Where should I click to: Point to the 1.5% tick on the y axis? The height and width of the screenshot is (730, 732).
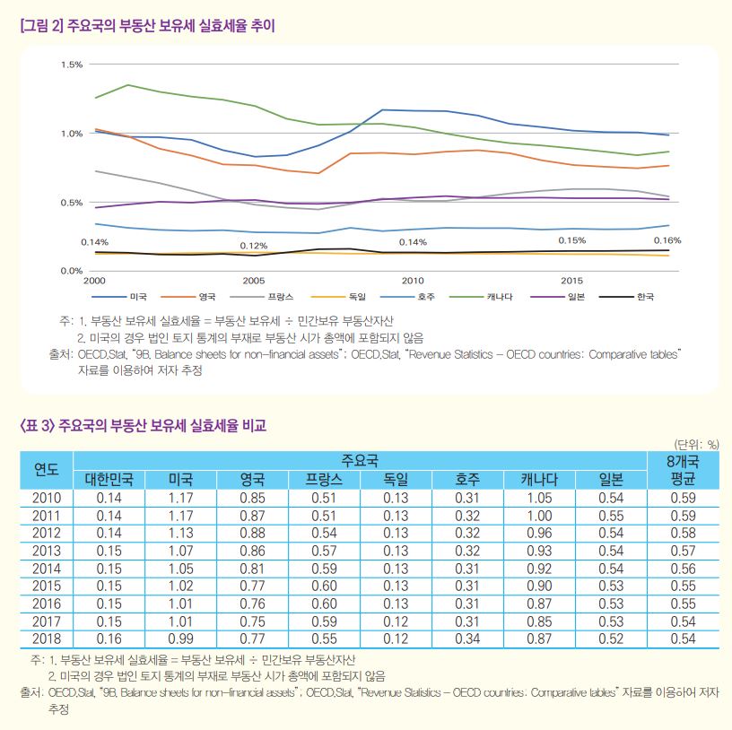72,65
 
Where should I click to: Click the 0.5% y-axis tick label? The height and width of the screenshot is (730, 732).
72,203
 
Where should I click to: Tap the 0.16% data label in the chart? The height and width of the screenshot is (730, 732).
667,240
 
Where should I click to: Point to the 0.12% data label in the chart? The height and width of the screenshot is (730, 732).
253,246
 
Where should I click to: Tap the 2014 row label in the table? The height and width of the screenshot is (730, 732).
46,569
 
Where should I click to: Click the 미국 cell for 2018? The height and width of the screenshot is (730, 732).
180,639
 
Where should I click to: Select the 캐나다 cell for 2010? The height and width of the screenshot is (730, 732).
540,498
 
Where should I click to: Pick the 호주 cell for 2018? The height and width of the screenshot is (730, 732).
467,639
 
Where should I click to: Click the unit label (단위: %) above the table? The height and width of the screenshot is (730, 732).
696,443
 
